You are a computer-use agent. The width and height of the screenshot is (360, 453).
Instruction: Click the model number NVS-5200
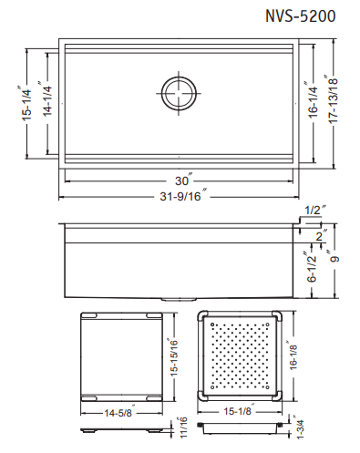(x=301, y=15)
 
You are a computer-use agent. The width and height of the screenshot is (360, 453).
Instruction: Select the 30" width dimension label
(x=183, y=180)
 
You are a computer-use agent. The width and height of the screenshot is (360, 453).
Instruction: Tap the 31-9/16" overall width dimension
(x=183, y=196)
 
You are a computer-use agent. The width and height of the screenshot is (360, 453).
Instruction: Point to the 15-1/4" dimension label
(x=26, y=103)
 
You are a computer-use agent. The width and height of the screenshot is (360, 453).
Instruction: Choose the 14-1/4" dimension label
(x=46, y=98)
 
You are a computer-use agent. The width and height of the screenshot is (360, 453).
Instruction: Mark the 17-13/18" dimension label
(x=332, y=99)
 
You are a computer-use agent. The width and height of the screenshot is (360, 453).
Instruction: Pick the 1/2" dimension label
(x=315, y=210)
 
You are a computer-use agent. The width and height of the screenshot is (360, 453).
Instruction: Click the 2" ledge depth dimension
(x=321, y=234)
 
